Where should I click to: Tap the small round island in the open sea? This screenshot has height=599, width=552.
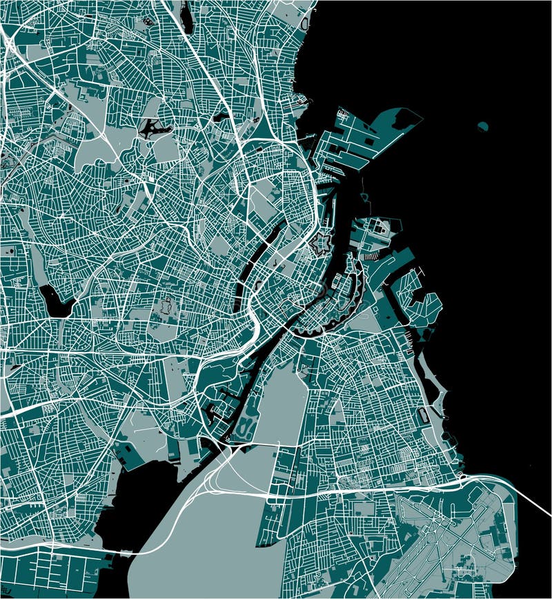click(x=483, y=126)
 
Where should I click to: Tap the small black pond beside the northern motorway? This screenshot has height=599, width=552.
click(x=221, y=117)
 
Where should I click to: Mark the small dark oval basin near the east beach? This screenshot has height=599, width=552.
click(x=422, y=415)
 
